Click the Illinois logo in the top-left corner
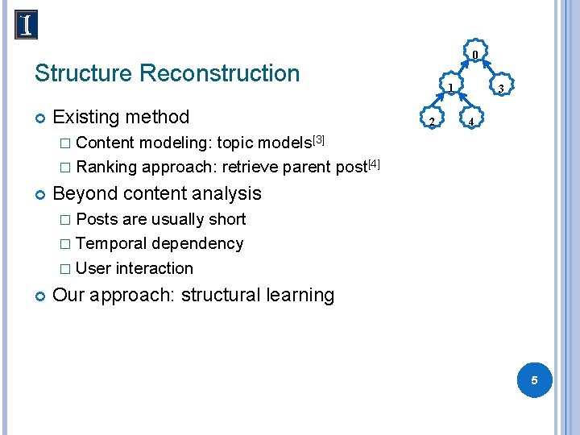(x=27, y=25)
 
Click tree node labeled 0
(x=475, y=54)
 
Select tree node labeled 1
(x=452, y=87)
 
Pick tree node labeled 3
(x=500, y=88)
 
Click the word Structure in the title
(x=83, y=73)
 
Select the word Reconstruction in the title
(x=219, y=73)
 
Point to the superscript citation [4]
(x=373, y=164)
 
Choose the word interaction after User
(x=155, y=268)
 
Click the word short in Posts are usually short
(x=226, y=219)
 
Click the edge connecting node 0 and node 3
(x=489, y=72)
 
